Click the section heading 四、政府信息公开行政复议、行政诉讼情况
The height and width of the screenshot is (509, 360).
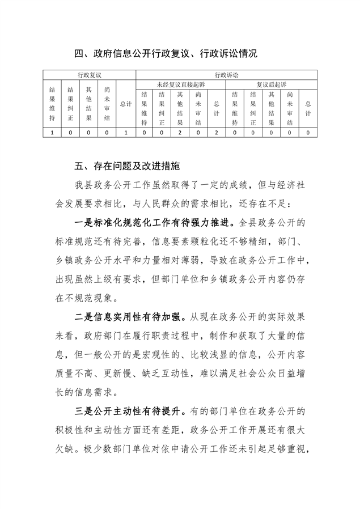click(x=166, y=54)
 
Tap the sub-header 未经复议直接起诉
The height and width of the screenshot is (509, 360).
click(x=181, y=84)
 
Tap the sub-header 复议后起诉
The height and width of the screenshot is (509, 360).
click(x=272, y=84)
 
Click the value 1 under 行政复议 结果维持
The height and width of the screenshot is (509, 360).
click(x=53, y=132)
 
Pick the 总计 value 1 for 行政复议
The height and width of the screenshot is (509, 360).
click(x=126, y=132)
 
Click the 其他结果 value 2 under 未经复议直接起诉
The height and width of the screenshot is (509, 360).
click(x=180, y=132)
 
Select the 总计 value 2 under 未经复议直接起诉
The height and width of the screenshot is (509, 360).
click(x=216, y=132)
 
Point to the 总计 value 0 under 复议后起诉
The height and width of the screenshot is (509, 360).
click(x=308, y=132)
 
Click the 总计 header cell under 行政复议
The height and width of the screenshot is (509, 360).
click(x=126, y=104)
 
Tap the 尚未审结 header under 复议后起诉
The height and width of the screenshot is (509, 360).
click(x=290, y=108)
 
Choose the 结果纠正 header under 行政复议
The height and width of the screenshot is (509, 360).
click(x=71, y=104)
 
